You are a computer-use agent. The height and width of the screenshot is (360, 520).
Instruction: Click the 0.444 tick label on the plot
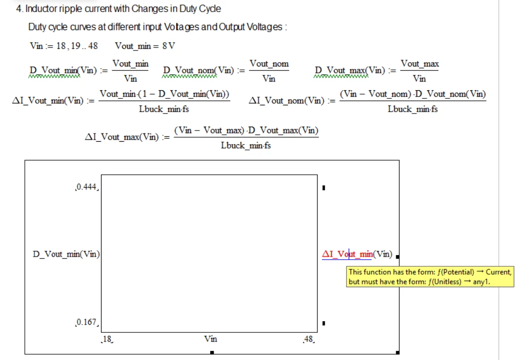(86, 187)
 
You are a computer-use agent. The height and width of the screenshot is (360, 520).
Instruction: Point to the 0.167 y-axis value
(86, 322)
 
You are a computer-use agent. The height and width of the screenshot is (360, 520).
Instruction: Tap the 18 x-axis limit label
(107, 339)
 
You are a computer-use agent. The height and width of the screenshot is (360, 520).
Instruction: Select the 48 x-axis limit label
(308, 339)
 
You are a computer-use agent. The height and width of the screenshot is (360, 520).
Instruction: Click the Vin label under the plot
(211, 339)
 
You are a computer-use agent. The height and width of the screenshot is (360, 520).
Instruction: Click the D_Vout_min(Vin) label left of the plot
(67, 254)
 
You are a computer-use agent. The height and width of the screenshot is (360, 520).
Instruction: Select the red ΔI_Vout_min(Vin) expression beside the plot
(357, 254)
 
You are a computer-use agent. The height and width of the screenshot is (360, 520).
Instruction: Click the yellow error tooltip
(430, 277)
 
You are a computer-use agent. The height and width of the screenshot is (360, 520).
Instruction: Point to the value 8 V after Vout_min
(168, 46)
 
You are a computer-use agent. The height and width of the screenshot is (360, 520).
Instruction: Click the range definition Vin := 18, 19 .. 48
(64, 46)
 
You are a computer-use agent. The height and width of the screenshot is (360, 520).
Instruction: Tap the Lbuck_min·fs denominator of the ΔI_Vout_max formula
(246, 146)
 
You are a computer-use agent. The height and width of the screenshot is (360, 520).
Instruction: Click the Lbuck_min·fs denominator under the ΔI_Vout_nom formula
(413, 109)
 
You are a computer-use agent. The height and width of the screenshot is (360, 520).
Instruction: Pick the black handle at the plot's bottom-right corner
(397, 352)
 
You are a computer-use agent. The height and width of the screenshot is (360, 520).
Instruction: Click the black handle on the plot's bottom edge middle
(212, 352)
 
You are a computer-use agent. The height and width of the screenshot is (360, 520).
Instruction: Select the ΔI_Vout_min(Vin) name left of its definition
(48, 100)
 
